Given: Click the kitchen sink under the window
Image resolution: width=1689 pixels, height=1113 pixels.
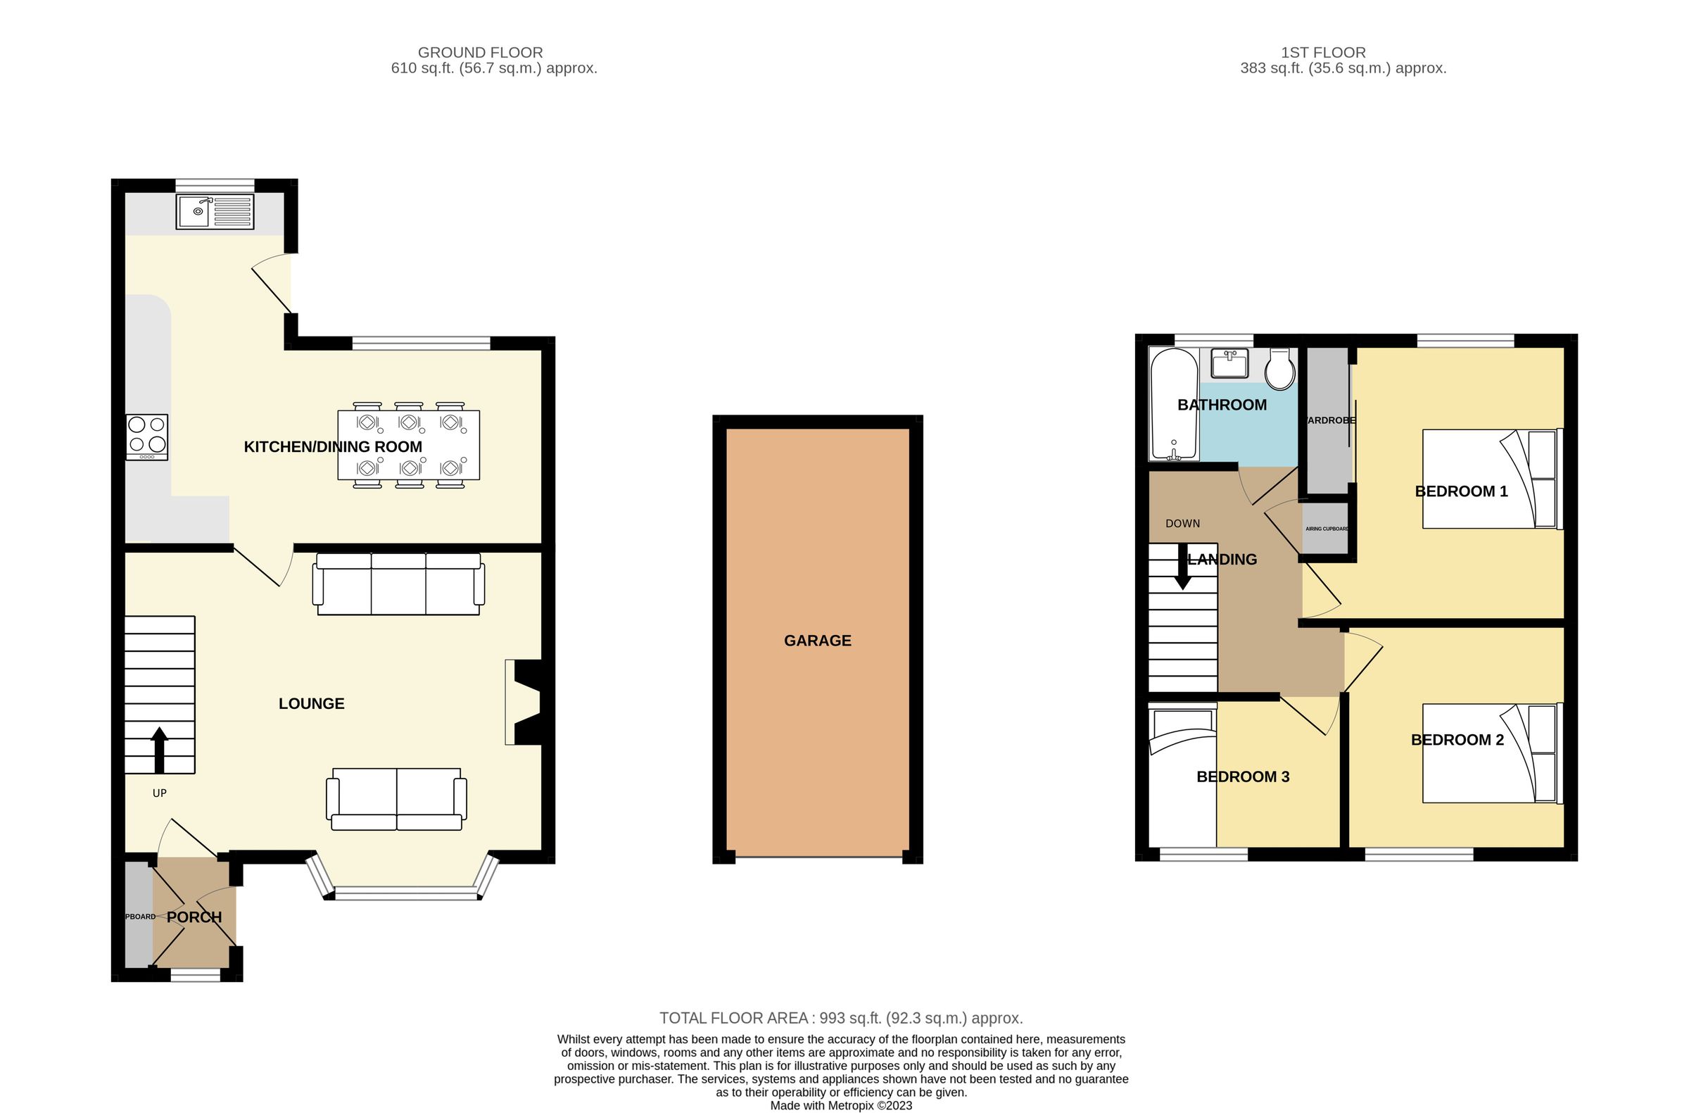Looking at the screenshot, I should [215, 211].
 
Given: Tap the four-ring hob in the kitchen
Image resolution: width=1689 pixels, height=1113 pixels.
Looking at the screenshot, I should [147, 436].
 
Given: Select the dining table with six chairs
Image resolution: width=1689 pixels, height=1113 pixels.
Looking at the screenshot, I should [408, 444].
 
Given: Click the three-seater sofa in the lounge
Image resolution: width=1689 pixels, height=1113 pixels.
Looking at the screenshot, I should [399, 584].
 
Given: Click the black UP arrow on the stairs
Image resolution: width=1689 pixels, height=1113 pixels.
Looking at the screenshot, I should [159, 750].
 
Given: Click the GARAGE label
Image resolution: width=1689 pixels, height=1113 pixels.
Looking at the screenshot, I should [818, 640].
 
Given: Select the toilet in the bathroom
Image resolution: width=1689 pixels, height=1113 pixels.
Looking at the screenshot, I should [1281, 370].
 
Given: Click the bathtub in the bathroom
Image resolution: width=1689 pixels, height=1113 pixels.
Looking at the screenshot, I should [1174, 405].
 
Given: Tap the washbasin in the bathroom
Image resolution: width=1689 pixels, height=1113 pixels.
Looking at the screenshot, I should [1230, 363].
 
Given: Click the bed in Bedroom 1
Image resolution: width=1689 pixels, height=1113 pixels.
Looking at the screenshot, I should [1491, 479].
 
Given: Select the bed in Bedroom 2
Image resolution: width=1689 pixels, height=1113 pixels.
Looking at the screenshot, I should [1491, 753].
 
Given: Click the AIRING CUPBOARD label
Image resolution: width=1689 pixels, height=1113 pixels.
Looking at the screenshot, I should [1327, 529].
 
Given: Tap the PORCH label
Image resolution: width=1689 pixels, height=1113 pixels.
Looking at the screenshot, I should [194, 917].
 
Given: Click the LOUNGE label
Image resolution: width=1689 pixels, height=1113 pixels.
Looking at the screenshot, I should [312, 703].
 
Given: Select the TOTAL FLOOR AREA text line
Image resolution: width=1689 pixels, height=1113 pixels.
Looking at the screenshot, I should [841, 1018].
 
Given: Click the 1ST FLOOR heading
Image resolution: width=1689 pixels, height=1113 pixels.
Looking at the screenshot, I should [1323, 53].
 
